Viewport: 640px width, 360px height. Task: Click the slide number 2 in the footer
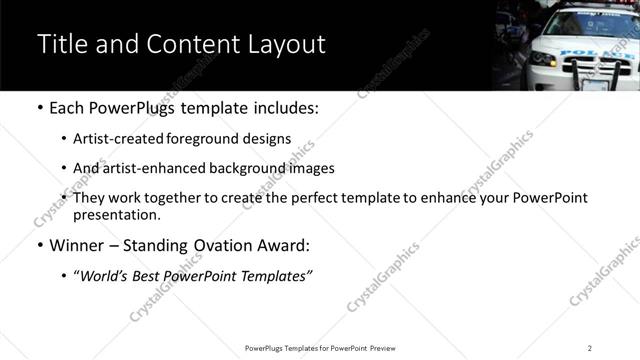coord(590,348)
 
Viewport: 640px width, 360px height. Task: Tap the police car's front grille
coord(601,62)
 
